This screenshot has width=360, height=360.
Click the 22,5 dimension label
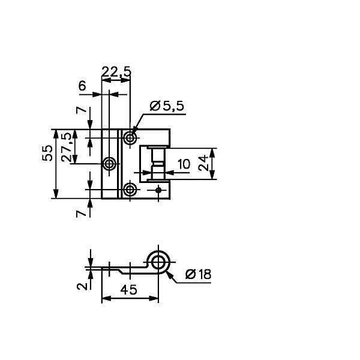point(116,71)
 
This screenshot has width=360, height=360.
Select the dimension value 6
point(82,86)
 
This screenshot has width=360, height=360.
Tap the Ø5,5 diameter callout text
point(167,106)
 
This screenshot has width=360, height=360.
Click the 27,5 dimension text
point(67,148)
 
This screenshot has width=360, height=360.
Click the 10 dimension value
point(184,164)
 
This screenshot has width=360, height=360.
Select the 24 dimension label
point(203,163)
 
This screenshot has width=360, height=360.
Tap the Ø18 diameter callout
point(198,274)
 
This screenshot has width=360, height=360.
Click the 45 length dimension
point(128,290)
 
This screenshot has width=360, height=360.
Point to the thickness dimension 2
point(82,286)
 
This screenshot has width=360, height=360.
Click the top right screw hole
point(130,138)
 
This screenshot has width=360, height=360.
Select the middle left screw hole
point(110,164)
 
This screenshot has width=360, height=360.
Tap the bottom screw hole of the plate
point(130,190)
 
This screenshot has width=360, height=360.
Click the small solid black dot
point(158,190)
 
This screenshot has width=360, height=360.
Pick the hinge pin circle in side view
point(158,262)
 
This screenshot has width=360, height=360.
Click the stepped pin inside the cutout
point(157,164)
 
